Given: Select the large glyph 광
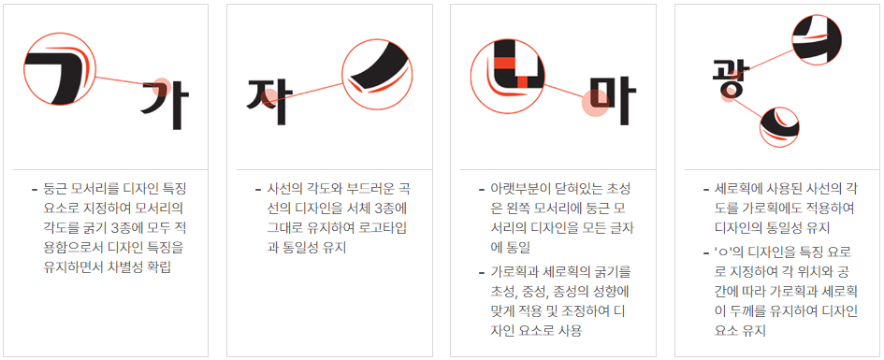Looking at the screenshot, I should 726,79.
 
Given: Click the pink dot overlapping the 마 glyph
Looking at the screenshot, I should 594,104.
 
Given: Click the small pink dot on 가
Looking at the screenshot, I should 160,84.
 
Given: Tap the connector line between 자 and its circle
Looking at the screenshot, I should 314,88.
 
